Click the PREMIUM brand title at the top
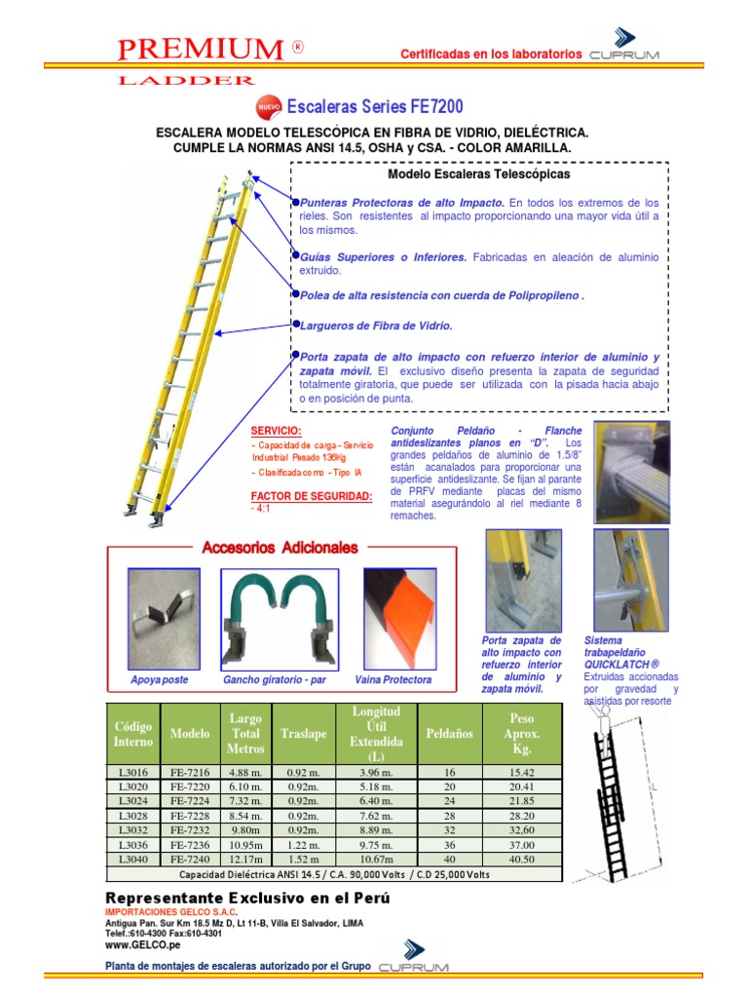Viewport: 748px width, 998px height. (x=195, y=49)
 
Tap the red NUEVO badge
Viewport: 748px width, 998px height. (x=268, y=106)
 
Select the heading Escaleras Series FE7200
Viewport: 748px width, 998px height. (x=373, y=106)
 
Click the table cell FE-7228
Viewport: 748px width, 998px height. (x=190, y=815)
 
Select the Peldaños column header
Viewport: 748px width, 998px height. (x=449, y=732)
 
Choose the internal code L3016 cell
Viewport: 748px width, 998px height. (x=133, y=771)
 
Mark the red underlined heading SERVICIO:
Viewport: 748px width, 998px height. (x=277, y=430)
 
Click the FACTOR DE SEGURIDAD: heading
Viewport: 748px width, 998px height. (x=312, y=496)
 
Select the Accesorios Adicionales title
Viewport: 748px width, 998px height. (x=280, y=548)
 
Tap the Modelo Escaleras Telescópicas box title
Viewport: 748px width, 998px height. (x=479, y=173)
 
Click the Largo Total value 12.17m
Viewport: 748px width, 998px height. (x=245, y=859)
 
